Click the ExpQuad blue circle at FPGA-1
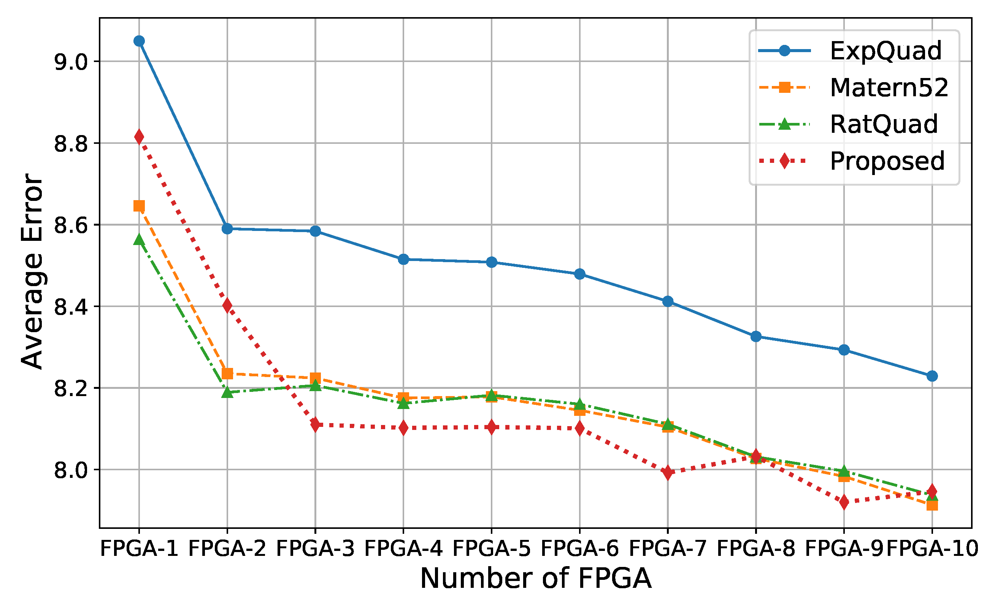click(139, 41)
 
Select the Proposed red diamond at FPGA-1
click(139, 137)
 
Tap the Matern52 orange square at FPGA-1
click(139, 206)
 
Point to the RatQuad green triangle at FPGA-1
click(139, 239)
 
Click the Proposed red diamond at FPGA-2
click(227, 305)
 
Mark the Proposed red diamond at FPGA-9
click(844, 502)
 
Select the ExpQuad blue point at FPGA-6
click(579, 274)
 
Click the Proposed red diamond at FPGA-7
click(668, 472)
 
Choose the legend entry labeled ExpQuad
click(885, 51)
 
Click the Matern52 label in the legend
click(889, 87)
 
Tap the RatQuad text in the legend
click(884, 124)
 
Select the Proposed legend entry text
click(887, 161)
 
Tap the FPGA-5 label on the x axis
click(491, 549)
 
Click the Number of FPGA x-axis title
click(535, 578)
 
